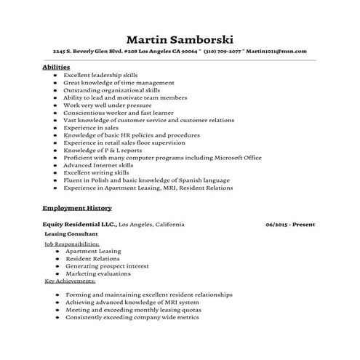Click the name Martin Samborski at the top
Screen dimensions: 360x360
[180, 39]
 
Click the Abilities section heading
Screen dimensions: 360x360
[57, 67]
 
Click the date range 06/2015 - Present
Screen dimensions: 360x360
[290, 225]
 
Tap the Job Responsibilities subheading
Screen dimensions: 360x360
[71, 244]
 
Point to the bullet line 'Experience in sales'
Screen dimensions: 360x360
[90, 127]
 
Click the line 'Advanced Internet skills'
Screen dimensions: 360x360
[98, 165]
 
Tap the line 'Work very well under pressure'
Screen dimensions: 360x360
[108, 105]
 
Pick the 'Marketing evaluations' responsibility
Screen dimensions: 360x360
[97, 273]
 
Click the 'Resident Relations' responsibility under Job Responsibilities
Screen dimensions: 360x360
[92, 258]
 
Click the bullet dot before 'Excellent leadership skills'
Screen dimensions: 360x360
[56, 75]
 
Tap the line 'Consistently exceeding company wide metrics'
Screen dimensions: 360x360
[132, 317]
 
